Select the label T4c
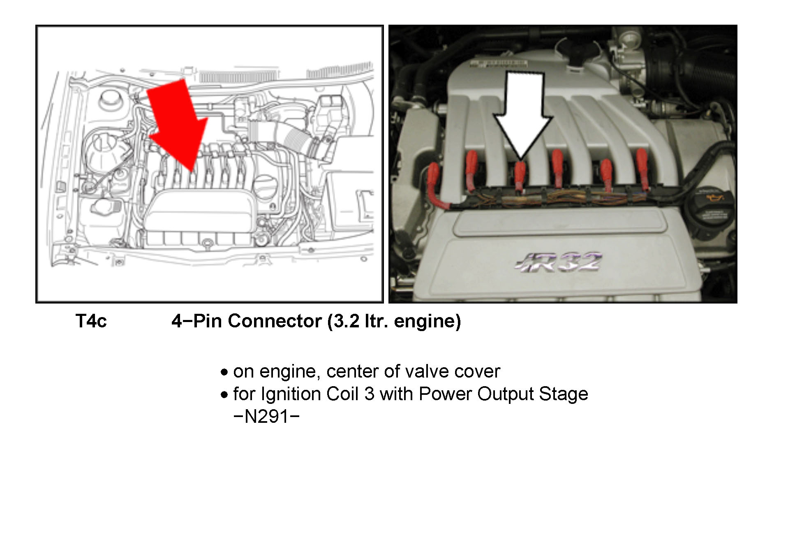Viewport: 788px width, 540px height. pyautogui.click(x=91, y=321)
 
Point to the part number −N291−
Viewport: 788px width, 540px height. pyautogui.click(x=266, y=417)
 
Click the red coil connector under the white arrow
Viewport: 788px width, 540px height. pyautogui.click(x=520, y=175)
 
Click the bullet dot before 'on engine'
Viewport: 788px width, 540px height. pyautogui.click(x=224, y=373)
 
